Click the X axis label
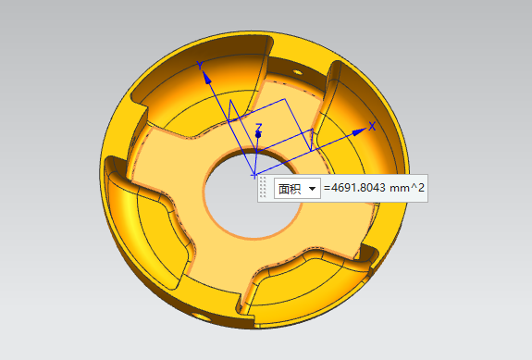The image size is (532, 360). tap(372, 126)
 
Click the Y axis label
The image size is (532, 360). tap(200, 65)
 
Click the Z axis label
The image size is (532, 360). tap(259, 127)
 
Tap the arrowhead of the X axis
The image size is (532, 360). tap(360, 131)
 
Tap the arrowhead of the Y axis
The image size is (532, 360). tap(206, 77)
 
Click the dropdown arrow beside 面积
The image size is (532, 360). tap(312, 188)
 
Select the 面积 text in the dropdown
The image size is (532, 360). tap(290, 188)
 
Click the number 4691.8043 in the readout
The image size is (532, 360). tap(358, 188)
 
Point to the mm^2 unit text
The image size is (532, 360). tap(407, 188)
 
